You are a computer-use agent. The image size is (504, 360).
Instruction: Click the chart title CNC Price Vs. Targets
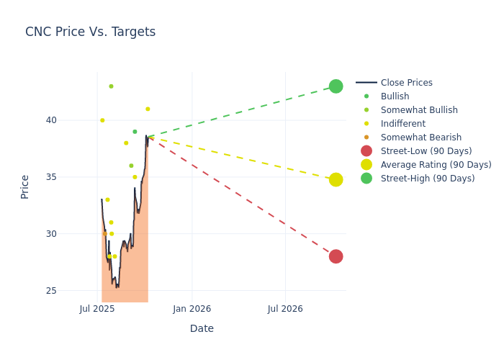click(x=90, y=32)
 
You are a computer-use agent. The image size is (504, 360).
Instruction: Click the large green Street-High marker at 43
click(x=336, y=86)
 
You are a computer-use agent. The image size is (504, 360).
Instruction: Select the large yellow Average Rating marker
click(x=336, y=179)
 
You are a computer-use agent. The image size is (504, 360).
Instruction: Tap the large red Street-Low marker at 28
click(x=336, y=256)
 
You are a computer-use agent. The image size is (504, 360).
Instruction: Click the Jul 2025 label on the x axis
click(x=97, y=309)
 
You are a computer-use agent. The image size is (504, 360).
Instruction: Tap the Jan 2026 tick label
click(x=192, y=309)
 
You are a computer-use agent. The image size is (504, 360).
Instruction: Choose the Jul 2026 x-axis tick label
click(x=285, y=309)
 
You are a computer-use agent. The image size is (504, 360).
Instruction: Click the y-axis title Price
click(x=25, y=186)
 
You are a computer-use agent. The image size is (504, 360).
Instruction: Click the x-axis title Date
click(x=202, y=328)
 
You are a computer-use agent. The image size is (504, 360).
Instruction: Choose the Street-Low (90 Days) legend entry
click(x=426, y=151)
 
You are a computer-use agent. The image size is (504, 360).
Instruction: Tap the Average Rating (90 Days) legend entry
click(x=436, y=165)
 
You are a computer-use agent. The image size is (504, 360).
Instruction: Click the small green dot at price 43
click(x=111, y=86)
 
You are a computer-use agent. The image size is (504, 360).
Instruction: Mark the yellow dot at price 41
click(x=148, y=109)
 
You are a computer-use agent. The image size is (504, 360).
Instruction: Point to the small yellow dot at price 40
click(x=102, y=120)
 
